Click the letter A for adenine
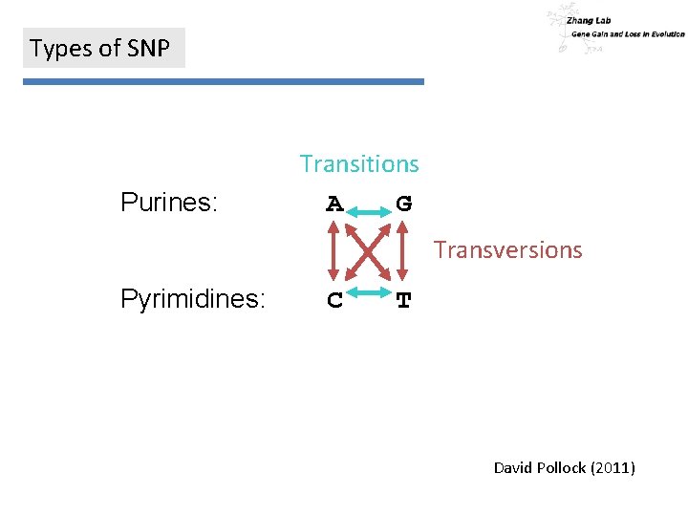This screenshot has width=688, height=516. tap(334, 204)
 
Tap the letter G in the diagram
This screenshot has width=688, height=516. tap(404, 204)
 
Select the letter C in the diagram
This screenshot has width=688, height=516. tap(334, 300)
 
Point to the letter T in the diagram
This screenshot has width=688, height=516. tap(404, 300)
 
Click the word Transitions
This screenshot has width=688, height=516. tap(359, 164)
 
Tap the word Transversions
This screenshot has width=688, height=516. tap(507, 250)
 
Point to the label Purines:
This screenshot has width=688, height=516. tap(169, 203)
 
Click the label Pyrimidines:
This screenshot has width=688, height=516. tap(193, 299)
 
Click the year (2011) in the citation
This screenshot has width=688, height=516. tap(613, 467)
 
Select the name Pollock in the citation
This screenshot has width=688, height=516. tap(561, 467)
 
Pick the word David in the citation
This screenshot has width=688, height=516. tap(513, 467)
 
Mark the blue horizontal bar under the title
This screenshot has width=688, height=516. tap(223, 82)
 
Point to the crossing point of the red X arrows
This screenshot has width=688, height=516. tap(368, 250)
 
